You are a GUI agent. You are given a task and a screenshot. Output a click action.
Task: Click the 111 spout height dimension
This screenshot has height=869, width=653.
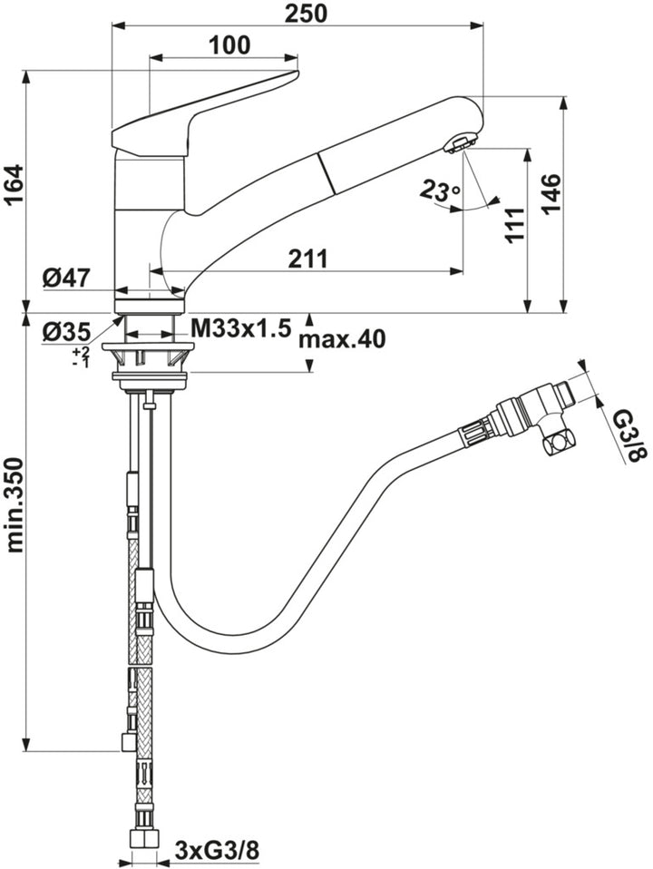pos(513,225)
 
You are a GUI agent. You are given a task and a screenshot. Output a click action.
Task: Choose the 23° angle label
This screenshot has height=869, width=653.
pos(440,191)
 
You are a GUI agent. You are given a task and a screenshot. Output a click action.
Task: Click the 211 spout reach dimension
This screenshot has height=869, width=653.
pos(308,259)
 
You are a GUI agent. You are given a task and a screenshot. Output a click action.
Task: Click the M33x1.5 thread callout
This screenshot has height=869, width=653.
pos(240,327)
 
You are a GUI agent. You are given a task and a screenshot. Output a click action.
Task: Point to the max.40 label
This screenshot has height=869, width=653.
pos(342,339)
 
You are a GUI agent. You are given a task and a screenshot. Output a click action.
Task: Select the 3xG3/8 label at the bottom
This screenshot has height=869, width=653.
pos(217,851)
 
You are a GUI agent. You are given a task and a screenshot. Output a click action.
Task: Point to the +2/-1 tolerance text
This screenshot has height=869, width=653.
pos(82,356)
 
